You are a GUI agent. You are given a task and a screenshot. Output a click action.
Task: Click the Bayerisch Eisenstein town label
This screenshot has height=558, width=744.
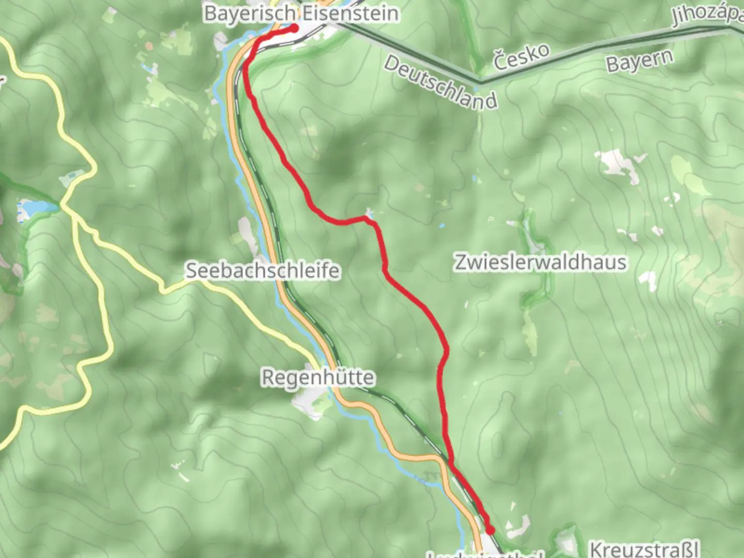coord(301,13)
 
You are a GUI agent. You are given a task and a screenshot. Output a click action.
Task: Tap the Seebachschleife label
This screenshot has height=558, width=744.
coord(262,271)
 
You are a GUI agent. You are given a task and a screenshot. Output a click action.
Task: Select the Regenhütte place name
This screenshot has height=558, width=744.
coord(318,377)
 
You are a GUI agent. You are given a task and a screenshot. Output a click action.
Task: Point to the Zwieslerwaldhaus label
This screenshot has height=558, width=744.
coord(540,262)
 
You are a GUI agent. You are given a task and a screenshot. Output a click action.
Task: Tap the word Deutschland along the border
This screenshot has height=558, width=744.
coord(441,83)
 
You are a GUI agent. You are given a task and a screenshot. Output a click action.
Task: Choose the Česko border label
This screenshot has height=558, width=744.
coord(521,57)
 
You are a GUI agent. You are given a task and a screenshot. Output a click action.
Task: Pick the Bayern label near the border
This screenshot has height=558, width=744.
coord(640,61)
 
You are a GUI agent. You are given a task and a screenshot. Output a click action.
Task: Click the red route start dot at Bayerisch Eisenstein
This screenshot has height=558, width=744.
coord(293,28)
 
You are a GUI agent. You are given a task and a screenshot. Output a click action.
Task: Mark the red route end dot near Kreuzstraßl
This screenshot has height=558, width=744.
coord(489,530)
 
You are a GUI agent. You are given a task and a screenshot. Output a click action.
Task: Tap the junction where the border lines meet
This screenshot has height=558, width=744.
coord(481,82)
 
